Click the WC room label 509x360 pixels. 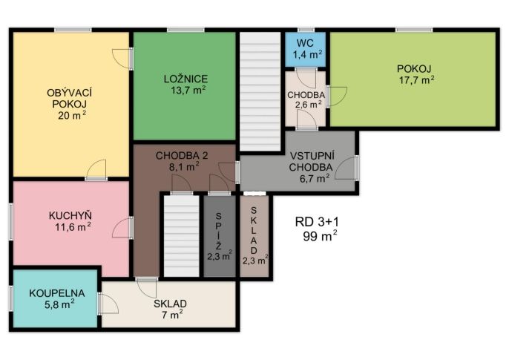pos(305,43)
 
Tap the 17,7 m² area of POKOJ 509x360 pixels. pos(416,80)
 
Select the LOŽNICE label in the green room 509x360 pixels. pos(185,79)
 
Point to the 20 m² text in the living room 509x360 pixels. pos(72,115)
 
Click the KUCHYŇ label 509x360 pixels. pos(70,215)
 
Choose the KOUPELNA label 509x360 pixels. pos(57,293)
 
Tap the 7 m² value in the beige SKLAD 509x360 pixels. pos(172,314)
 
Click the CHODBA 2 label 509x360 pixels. pos(182,156)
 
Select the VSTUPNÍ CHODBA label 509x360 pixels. pos(312,161)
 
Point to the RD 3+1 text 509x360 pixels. pos(317,222)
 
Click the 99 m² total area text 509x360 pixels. pos(320,236)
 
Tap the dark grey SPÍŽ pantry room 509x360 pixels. pos(220,236)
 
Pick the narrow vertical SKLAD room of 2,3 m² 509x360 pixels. pos(254,236)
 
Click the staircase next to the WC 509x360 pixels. pos(260,91)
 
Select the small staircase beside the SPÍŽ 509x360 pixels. pos(182,236)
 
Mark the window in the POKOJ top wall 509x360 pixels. pos(414,30)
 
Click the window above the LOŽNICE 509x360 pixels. pos(185,30)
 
